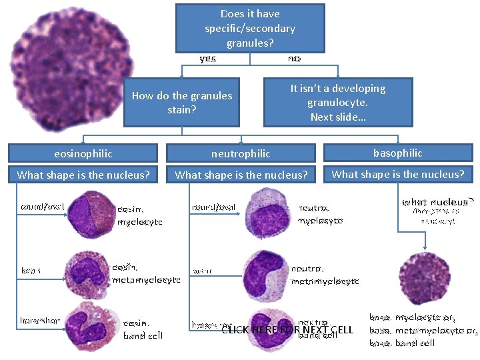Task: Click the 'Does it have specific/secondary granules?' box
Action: [250, 28]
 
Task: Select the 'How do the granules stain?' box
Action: [181, 103]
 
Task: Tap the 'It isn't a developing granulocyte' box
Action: [338, 103]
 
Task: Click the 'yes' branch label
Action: [208, 59]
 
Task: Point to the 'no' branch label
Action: [294, 59]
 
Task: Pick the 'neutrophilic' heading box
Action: [241, 153]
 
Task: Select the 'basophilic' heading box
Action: [397, 153]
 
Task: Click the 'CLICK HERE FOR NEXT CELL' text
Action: [287, 330]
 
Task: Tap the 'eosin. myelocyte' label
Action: [139, 215]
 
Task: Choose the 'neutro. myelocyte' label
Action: [320, 214]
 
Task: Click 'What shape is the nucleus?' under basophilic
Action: [397, 175]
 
